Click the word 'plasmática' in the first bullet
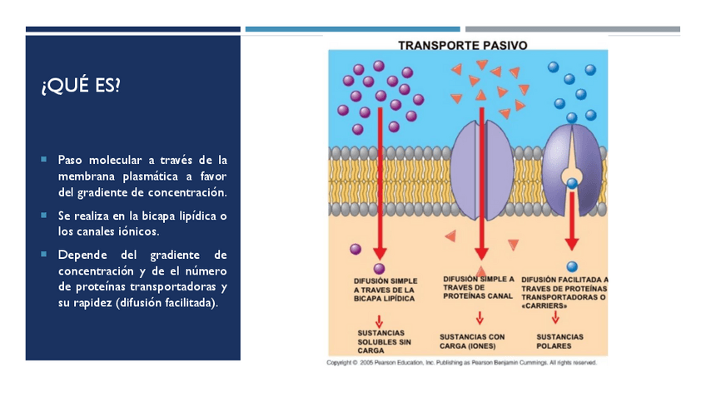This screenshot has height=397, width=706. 152,176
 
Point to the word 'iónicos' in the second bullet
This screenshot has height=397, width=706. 134,231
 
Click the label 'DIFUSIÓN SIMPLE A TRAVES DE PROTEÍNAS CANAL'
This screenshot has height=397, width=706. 479,287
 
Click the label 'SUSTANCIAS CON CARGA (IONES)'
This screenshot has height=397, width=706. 472,341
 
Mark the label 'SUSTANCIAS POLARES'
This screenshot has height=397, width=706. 559,341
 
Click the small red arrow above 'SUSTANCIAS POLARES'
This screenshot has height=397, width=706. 555,317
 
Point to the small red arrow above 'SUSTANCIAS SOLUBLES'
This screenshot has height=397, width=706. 379,320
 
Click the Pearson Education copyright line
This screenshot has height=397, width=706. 461,363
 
